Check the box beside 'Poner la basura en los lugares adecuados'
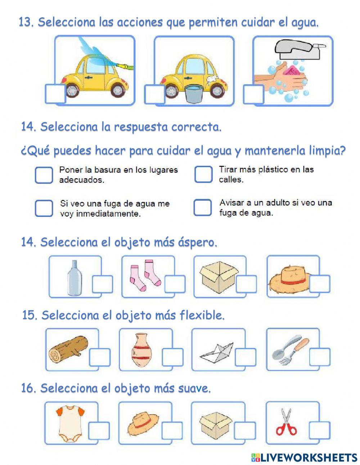pos(44,175)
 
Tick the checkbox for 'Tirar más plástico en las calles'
pos(203,174)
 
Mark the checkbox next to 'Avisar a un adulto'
pos(202,207)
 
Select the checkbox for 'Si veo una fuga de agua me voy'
pos(44,208)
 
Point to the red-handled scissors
pos(286,422)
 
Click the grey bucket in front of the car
pos(194,94)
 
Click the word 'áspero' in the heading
pos(198,242)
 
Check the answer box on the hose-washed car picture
pos(55,94)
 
